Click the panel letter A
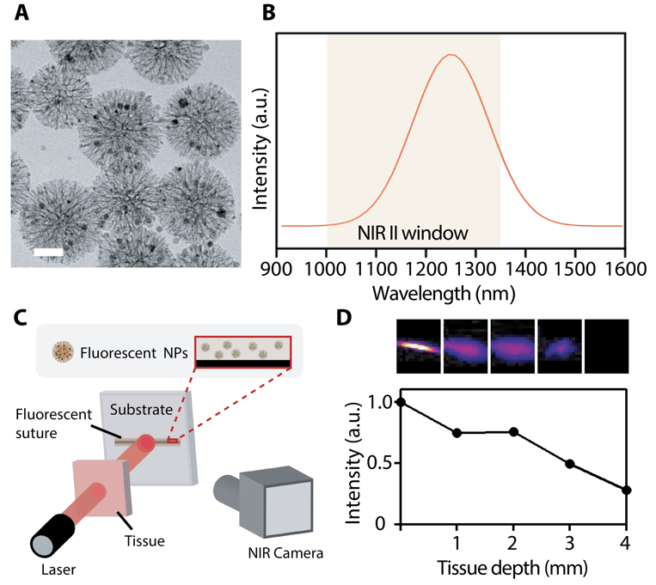(x=21, y=15)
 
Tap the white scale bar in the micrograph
(x=49, y=253)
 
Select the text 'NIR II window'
(x=412, y=233)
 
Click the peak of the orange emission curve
(x=450, y=56)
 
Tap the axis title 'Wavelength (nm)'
(x=444, y=294)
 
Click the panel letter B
(x=267, y=15)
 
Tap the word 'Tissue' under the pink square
(x=145, y=541)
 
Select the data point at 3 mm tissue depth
(x=569, y=464)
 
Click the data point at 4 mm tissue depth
(x=626, y=491)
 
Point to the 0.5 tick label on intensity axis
(x=377, y=464)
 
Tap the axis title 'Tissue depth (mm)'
(x=513, y=570)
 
